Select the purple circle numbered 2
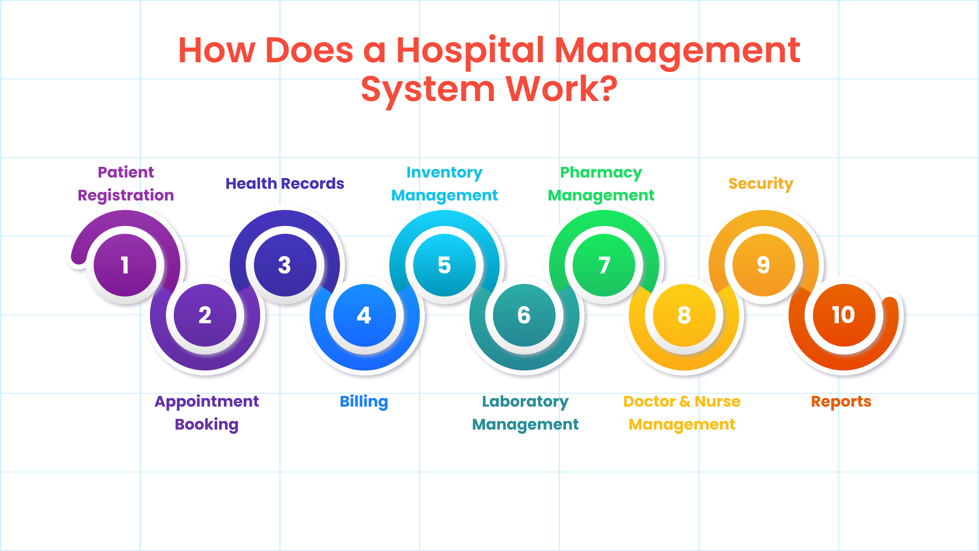coord(205,315)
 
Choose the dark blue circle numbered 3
coord(285,265)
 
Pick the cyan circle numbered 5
coord(445,265)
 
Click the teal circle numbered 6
coord(524,315)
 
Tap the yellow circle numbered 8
coord(684,315)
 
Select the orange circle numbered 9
coord(764,265)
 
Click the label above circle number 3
coord(285,183)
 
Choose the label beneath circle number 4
coord(364,402)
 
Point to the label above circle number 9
coord(761,184)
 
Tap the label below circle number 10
coord(841,402)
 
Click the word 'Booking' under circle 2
coord(207,425)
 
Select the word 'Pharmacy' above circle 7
coord(601,173)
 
